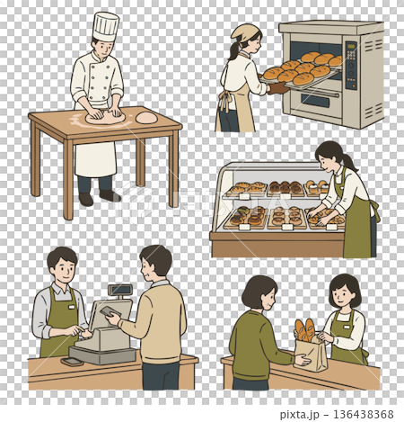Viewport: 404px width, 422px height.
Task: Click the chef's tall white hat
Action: (105, 25)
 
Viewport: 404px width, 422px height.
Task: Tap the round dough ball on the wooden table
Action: (146, 117)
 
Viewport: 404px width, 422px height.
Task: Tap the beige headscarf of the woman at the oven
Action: (242, 32)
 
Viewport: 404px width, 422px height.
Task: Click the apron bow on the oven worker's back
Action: (223, 98)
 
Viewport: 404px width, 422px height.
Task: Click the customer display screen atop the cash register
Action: (119, 290)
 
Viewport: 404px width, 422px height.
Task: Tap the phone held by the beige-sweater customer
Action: (109, 311)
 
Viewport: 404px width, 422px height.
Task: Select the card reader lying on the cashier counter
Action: (72, 362)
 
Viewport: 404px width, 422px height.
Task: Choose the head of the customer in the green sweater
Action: (259, 292)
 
